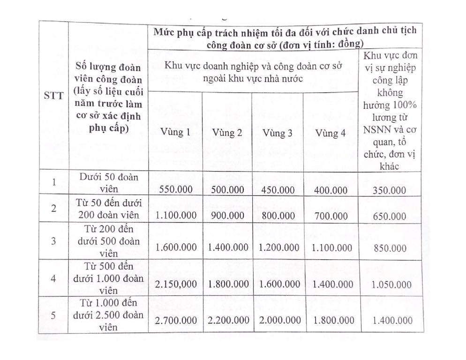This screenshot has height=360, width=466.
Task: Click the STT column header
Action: point(53,99)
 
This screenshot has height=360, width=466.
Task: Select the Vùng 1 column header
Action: point(175,133)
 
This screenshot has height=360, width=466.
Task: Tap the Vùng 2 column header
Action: point(227,133)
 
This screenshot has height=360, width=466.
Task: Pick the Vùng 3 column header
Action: point(278,134)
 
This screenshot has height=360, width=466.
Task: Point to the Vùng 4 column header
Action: point(330,134)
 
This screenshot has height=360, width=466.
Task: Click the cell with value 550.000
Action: point(175,190)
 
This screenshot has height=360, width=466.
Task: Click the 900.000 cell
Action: point(227,216)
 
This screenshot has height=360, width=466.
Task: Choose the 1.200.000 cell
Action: point(278,247)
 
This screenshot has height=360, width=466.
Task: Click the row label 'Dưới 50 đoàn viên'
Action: point(108,183)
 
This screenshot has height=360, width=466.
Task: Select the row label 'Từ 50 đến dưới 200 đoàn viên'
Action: point(108,209)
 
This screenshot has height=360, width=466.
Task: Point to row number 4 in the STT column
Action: point(53,278)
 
